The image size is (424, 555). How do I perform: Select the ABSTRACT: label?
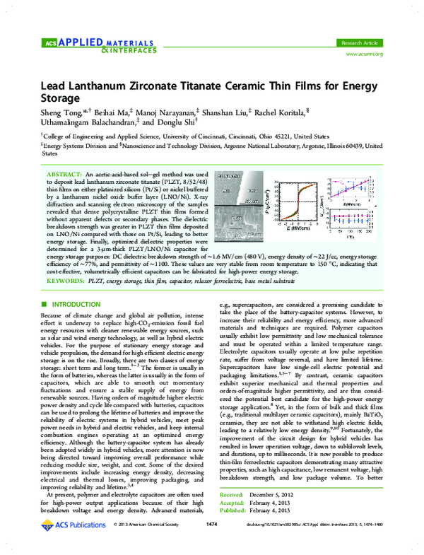[x=66, y=173]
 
